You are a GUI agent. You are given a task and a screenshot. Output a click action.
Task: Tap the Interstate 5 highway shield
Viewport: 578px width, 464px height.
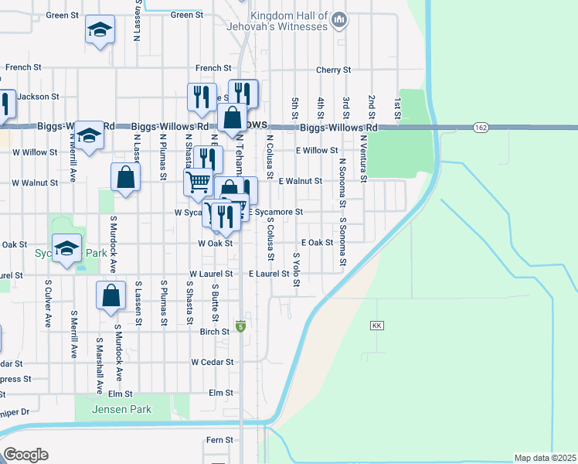click(240, 326)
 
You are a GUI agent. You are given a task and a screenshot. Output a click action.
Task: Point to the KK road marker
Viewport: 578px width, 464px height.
click(377, 326)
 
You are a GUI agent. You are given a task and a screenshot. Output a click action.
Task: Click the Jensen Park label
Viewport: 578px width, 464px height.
click(121, 408)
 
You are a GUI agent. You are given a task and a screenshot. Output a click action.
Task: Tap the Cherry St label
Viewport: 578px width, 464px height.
click(334, 70)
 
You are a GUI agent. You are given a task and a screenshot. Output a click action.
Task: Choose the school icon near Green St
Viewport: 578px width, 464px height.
click(98, 31)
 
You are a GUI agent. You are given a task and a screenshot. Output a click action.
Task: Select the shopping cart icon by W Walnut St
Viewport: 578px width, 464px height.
click(198, 183)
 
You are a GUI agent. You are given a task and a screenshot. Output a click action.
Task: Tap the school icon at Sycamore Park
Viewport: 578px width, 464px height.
click(67, 248)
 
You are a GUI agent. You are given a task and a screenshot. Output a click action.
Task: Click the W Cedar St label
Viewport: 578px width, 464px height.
click(212, 362)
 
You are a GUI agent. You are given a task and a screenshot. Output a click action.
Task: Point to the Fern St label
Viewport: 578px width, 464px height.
click(219, 440)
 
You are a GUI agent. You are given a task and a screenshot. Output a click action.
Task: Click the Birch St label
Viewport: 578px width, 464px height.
click(215, 332)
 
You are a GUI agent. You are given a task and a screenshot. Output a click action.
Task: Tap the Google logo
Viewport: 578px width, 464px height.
click(25, 454)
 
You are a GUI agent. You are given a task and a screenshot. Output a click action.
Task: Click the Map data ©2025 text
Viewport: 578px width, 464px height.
click(546, 458)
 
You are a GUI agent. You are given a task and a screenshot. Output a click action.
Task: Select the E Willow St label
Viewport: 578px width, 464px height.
click(317, 151)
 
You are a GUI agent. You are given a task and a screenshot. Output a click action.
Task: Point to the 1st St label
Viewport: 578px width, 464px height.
click(397, 108)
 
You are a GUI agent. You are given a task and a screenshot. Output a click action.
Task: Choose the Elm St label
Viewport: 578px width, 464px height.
click(221, 393)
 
